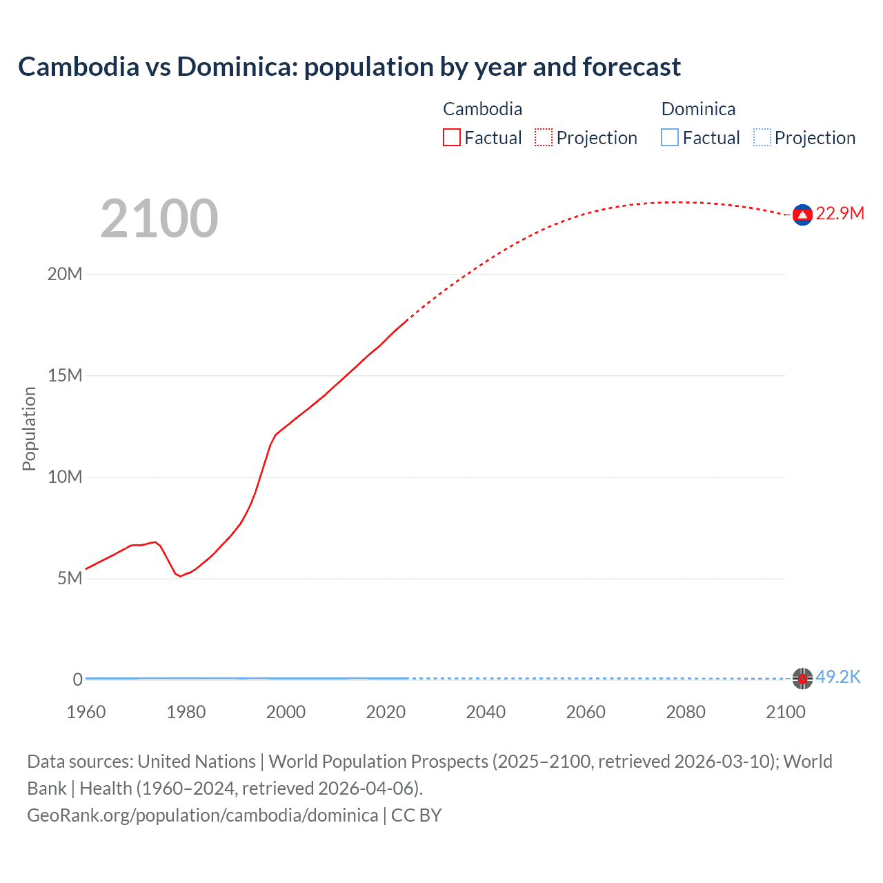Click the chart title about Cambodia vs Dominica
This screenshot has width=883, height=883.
pyautogui.click(x=349, y=67)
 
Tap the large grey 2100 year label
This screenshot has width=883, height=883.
pyautogui.click(x=159, y=219)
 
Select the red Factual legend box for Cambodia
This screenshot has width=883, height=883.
pyautogui.click(x=452, y=138)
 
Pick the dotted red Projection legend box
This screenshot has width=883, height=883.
pyautogui.click(x=544, y=138)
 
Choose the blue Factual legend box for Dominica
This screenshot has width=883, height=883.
pyautogui.click(x=670, y=138)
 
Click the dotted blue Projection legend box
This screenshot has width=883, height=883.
pyautogui.click(x=762, y=138)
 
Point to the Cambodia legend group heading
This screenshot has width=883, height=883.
pyautogui.click(x=482, y=109)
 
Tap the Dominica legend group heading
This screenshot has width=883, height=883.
pyautogui.click(x=698, y=109)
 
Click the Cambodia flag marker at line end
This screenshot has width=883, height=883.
pyautogui.click(x=802, y=215)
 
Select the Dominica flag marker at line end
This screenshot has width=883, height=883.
pyautogui.click(x=802, y=679)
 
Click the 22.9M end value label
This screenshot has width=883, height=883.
pyautogui.click(x=840, y=214)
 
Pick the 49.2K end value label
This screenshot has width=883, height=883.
pyautogui.click(x=838, y=677)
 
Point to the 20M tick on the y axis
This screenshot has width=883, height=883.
pyautogui.click(x=65, y=275)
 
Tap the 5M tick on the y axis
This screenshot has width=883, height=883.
pyautogui.click(x=70, y=578)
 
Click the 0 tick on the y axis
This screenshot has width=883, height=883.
pyautogui.click(x=78, y=679)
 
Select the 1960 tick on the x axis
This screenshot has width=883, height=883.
pyautogui.click(x=86, y=712)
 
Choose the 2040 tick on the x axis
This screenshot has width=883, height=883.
pyautogui.click(x=486, y=712)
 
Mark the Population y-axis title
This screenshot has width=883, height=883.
pyautogui.click(x=29, y=428)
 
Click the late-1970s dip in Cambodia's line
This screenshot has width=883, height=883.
pyautogui.click(x=181, y=576)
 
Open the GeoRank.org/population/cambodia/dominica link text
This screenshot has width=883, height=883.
pyautogui.click(x=202, y=815)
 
